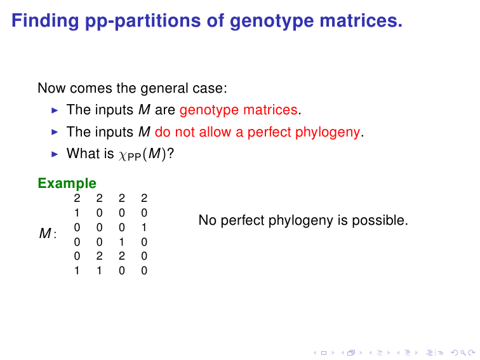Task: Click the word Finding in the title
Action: [x=45, y=21]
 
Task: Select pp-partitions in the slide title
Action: [x=143, y=22]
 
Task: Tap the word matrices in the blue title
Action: [x=361, y=20]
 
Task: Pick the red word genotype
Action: [x=209, y=110]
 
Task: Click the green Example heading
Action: [x=67, y=183]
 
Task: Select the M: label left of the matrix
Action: [x=48, y=234]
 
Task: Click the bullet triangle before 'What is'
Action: [x=55, y=154]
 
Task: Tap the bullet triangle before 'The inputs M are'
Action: [x=55, y=110]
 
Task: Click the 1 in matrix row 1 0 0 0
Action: [x=77, y=213]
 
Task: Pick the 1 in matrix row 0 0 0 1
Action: [x=144, y=227]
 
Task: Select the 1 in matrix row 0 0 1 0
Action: [x=121, y=242]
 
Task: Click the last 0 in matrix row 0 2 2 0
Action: [x=144, y=256]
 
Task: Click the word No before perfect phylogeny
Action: [x=208, y=220]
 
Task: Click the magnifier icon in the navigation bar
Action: [x=463, y=353]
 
